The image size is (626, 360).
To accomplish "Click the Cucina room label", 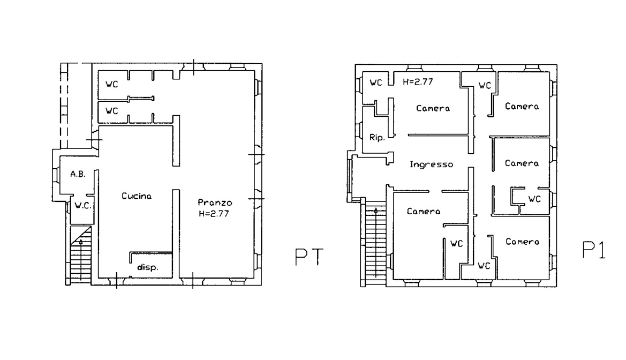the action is pyautogui.click(x=137, y=196).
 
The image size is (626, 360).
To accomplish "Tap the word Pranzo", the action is pyautogui.click(x=215, y=202).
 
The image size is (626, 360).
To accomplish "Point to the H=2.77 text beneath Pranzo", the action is pyautogui.click(x=214, y=214).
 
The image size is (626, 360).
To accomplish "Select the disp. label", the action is pyautogui.click(x=147, y=267).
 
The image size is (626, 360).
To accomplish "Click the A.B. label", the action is pyautogui.click(x=78, y=174).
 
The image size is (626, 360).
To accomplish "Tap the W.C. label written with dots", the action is pyautogui.click(x=83, y=206).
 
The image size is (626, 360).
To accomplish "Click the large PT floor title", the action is pyautogui.click(x=308, y=257).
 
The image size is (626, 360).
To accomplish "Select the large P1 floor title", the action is pyautogui.click(x=594, y=250).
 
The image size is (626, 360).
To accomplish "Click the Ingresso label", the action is pyautogui.click(x=432, y=164).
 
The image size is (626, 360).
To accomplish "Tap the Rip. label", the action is pyautogui.click(x=377, y=138).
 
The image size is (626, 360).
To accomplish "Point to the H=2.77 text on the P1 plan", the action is pyautogui.click(x=418, y=82).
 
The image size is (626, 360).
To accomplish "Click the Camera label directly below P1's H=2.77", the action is pyautogui.click(x=433, y=108).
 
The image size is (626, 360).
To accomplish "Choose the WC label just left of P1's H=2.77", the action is pyautogui.click(x=376, y=82).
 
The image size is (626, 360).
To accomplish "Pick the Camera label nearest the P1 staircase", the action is pyautogui.click(x=424, y=212).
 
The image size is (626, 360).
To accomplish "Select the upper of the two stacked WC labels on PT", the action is pyautogui.click(x=112, y=84).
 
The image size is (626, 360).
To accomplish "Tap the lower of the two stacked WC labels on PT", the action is pyautogui.click(x=112, y=111).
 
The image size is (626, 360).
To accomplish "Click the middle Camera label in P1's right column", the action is pyautogui.click(x=522, y=163).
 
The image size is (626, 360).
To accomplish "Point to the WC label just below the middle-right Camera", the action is pyautogui.click(x=534, y=199).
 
